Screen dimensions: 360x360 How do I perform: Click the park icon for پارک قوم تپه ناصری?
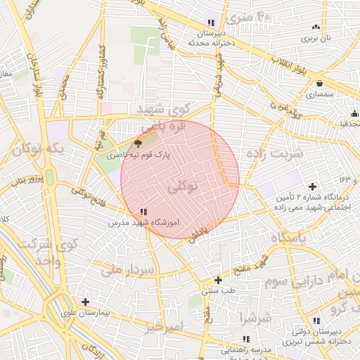tap(137, 143)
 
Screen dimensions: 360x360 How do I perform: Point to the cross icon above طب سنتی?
tap(219, 280)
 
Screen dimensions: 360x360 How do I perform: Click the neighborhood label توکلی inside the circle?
tap(184, 187)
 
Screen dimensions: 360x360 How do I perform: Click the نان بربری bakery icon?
tap(314, 27)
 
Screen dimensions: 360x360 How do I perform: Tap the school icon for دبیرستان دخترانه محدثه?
tap(210, 23)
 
